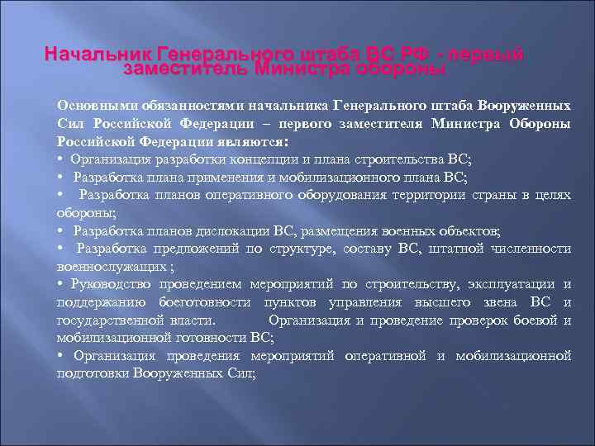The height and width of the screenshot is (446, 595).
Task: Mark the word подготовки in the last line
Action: pyautogui.click(x=89, y=372)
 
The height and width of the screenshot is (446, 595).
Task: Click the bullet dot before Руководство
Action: pyautogui.click(x=60, y=284)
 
